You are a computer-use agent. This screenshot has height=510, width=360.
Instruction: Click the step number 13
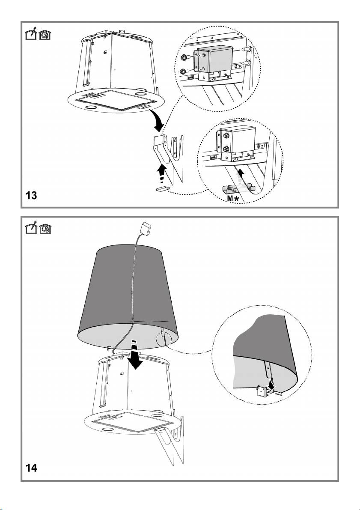(x=32, y=195)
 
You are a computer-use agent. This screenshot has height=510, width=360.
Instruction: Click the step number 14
(x=32, y=468)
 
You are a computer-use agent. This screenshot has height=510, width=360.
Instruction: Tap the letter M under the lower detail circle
(x=230, y=198)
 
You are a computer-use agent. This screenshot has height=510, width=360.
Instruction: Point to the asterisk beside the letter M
(x=236, y=198)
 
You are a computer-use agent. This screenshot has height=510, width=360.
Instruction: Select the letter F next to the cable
(x=109, y=348)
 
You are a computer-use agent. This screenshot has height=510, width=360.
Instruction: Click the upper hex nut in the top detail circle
(x=183, y=57)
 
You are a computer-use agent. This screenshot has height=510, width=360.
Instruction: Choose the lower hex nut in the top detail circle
(x=183, y=71)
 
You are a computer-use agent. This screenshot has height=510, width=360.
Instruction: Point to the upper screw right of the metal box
(x=247, y=49)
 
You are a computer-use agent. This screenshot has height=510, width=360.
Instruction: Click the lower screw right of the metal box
(x=247, y=63)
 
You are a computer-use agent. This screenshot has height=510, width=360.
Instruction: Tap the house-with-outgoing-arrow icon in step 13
(x=31, y=33)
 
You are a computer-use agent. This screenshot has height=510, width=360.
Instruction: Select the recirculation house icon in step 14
(x=45, y=229)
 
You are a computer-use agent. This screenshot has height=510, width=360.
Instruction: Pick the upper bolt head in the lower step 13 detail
(x=227, y=135)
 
